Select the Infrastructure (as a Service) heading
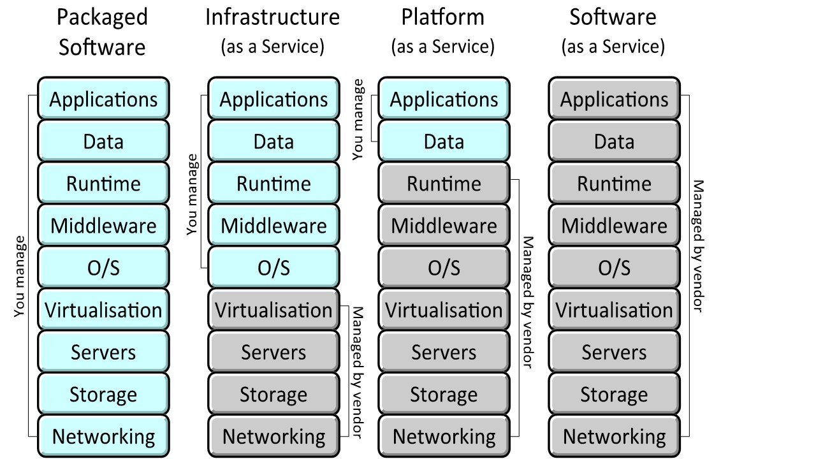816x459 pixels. click(273, 31)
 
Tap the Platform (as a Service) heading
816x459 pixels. click(443, 31)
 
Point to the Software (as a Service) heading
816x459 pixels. click(613, 31)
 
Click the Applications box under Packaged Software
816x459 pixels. click(103, 99)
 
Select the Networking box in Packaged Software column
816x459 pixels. click(103, 437)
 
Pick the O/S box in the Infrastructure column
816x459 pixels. click(273, 268)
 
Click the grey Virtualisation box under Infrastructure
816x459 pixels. click(273, 310)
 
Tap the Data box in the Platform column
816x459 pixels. click(444, 142)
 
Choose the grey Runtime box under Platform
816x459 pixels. click(444, 184)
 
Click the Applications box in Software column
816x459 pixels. click(614, 99)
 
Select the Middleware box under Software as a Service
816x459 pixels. click(614, 226)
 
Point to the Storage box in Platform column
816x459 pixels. click(444, 395)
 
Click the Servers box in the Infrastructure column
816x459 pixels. click(273, 353)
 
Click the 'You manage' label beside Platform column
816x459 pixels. click(359, 119)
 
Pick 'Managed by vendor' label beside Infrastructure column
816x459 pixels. click(358, 373)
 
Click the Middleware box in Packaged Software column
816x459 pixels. click(103, 226)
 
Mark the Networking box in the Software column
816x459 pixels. click(614, 437)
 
